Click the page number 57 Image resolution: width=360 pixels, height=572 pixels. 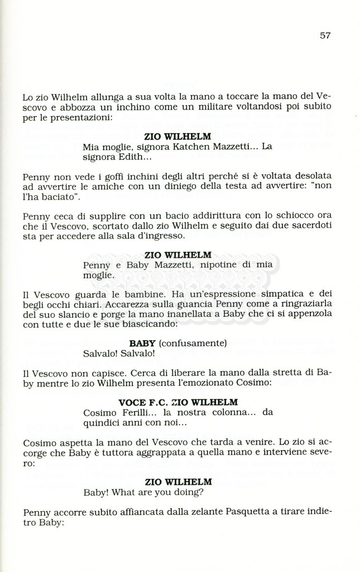325,35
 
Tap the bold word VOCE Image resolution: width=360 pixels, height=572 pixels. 132,402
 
